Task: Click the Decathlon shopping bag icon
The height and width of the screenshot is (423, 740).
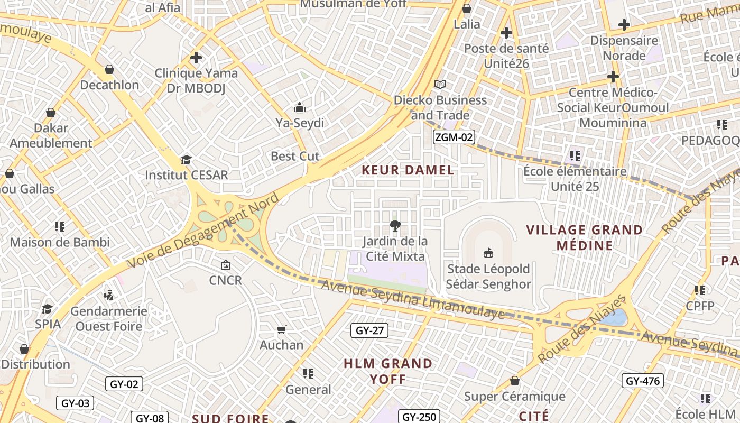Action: point(109,69)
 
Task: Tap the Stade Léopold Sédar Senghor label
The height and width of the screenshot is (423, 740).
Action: point(488,277)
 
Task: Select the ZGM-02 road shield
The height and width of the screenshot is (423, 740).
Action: point(454,137)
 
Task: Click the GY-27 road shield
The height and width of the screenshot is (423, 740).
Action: point(369,330)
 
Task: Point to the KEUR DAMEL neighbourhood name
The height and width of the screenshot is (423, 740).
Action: point(408,170)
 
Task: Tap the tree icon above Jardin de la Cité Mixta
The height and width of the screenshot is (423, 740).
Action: point(394,226)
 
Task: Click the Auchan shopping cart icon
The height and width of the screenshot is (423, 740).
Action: point(282,329)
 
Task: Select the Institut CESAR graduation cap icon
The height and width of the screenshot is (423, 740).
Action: point(186,160)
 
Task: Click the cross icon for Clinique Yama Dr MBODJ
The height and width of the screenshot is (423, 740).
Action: point(196,57)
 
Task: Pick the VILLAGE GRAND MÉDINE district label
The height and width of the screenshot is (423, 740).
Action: point(585,237)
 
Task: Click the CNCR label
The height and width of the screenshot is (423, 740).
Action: point(226,280)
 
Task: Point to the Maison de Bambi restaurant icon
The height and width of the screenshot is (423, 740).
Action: point(60,227)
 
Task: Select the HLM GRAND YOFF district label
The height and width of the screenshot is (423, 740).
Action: point(388,371)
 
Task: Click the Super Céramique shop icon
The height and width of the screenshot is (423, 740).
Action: point(514,381)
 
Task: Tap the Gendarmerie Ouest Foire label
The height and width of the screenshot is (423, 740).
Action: point(109,318)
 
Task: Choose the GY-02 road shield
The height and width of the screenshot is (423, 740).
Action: point(124,384)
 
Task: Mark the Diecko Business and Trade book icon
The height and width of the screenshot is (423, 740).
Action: point(440,84)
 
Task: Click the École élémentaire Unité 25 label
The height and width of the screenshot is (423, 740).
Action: point(575,179)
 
